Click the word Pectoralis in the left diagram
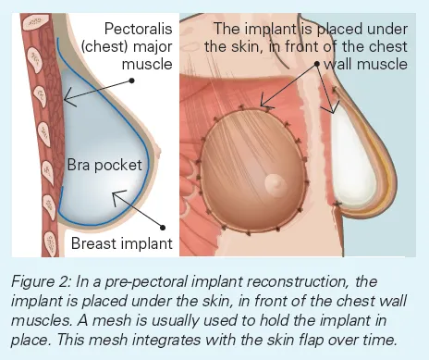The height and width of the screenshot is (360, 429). [139, 29]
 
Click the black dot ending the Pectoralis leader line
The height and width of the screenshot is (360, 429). [133, 81]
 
